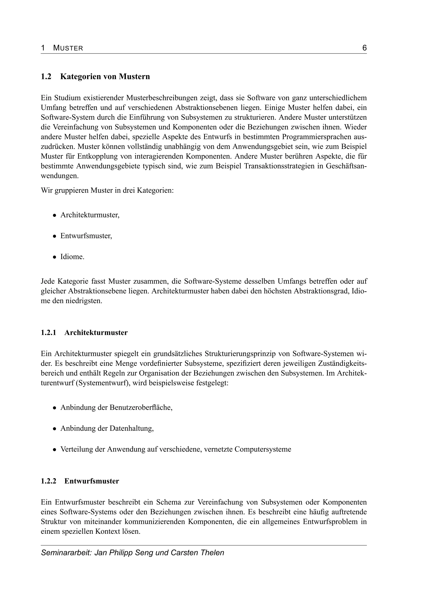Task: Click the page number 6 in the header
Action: tap(364, 48)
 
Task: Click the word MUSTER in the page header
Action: tap(68, 48)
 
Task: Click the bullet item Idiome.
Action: tap(72, 257)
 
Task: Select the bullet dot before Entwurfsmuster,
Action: tap(54, 236)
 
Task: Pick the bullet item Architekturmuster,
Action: tap(90, 215)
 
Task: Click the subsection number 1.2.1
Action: tap(48, 333)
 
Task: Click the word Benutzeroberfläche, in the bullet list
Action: tap(141, 407)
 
